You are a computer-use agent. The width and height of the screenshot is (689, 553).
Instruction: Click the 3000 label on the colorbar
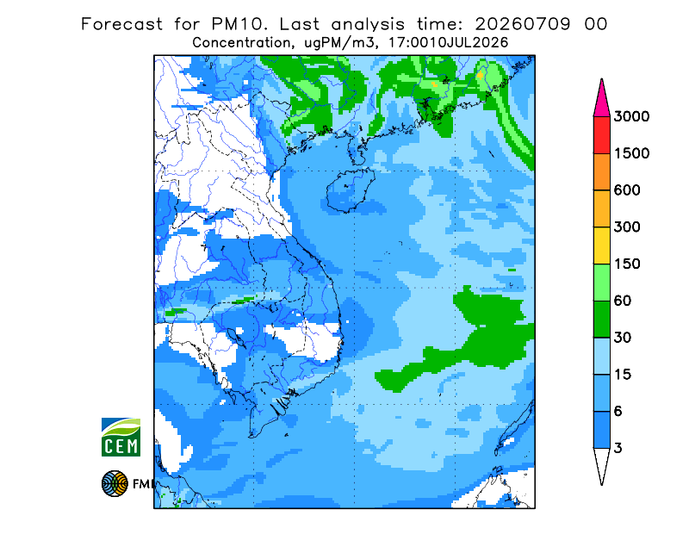pos(631,116)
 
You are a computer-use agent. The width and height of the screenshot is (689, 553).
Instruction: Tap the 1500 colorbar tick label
pos(631,153)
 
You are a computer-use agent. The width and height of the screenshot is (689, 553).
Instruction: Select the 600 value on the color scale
pos(627,190)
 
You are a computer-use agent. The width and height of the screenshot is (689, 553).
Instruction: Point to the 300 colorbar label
pos(627,227)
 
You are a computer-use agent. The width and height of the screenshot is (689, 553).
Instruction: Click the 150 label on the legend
pos(627,264)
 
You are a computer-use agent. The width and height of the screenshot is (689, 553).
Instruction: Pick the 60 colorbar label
pos(623,301)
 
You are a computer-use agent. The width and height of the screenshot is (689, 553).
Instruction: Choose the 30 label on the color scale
pos(623,338)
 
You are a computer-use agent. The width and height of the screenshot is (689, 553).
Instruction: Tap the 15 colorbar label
pos(623,375)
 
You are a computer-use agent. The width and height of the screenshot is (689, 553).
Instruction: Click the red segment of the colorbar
pos(601,135)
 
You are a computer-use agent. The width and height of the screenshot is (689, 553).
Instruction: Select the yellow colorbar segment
pos(601,245)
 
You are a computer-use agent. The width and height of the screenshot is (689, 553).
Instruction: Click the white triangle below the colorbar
pos(601,462)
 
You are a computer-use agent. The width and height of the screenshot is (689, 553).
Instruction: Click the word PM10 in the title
pos(239,24)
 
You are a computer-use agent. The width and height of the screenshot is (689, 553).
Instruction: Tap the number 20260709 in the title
pos(523,24)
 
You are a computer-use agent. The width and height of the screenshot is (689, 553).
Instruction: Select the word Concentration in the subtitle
pos(241,43)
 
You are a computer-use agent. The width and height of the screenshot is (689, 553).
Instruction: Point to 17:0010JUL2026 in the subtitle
pos(448,43)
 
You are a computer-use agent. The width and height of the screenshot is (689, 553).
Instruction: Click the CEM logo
pos(121,437)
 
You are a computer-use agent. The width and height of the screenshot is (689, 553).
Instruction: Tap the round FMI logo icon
pos(115,483)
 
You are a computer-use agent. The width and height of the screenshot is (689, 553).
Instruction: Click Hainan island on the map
pos(351,190)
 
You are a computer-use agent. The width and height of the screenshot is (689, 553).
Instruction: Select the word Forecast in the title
pos(121,24)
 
